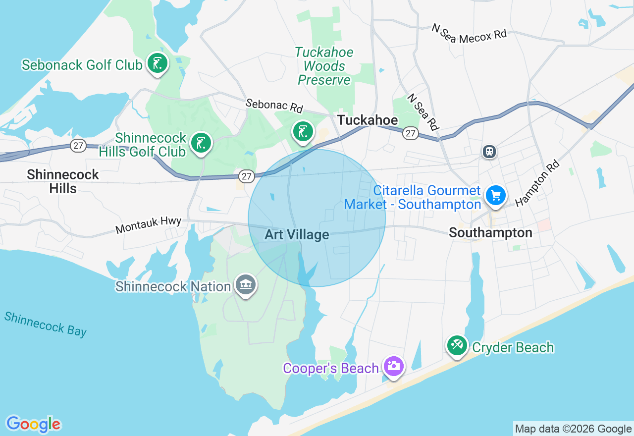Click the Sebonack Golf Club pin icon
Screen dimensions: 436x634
[x=158, y=63]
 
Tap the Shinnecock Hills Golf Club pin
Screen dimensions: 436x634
[x=201, y=143]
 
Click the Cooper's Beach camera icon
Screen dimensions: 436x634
[x=394, y=366]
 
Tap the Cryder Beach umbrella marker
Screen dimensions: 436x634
[x=457, y=345]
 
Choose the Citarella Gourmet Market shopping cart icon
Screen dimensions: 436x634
[x=495, y=195]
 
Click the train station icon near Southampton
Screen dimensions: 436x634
[x=489, y=152]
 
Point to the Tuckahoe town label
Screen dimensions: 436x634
[x=367, y=120]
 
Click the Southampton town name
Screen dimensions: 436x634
[x=490, y=233]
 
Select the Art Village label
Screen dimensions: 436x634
[x=297, y=234]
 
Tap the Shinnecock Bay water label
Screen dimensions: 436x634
[x=46, y=324]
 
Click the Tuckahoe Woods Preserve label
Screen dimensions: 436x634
[x=324, y=66]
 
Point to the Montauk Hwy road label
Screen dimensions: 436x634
[x=148, y=225]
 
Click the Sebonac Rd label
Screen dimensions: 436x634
[x=274, y=105]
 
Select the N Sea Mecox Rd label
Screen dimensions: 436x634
[x=469, y=34]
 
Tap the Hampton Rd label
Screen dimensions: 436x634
[x=537, y=182]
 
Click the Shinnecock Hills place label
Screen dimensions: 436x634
[x=63, y=181]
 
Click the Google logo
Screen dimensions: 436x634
[x=33, y=424]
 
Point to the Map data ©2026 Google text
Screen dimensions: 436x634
[x=573, y=429]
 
